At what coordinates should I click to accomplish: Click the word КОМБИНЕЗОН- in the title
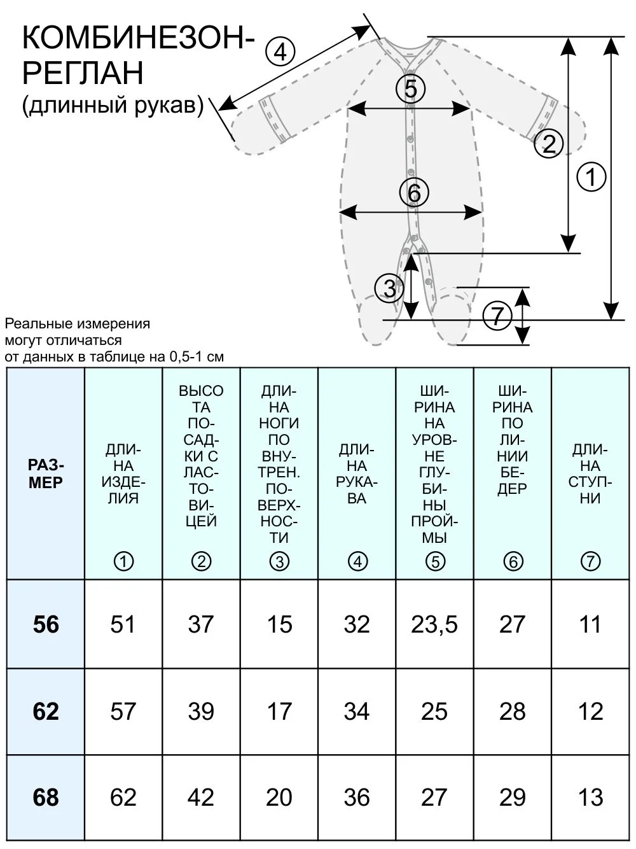coord(138,39)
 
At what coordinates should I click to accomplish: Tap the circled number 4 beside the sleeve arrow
coord(280,52)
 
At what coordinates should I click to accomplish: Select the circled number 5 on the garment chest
coord(411,88)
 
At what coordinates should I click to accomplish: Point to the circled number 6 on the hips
coord(414,193)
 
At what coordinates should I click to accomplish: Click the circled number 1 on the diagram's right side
coord(591,177)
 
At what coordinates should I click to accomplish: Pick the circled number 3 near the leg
coord(389,288)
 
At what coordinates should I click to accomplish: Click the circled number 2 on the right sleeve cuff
coord(549,143)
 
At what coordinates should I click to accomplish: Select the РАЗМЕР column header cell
coord(46,474)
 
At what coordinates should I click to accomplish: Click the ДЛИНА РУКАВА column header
coord(357,474)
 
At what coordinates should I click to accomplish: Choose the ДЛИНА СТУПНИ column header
coord(590,474)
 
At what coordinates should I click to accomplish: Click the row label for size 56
coord(46,624)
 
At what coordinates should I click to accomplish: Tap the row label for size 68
coord(46,797)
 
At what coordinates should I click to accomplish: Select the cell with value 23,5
coord(434,624)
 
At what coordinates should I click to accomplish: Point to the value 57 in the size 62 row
coord(123,711)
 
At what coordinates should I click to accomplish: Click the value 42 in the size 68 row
coord(201,797)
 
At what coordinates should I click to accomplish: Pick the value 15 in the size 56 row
coord(279,624)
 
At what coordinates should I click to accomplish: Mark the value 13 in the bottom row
coord(590,797)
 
